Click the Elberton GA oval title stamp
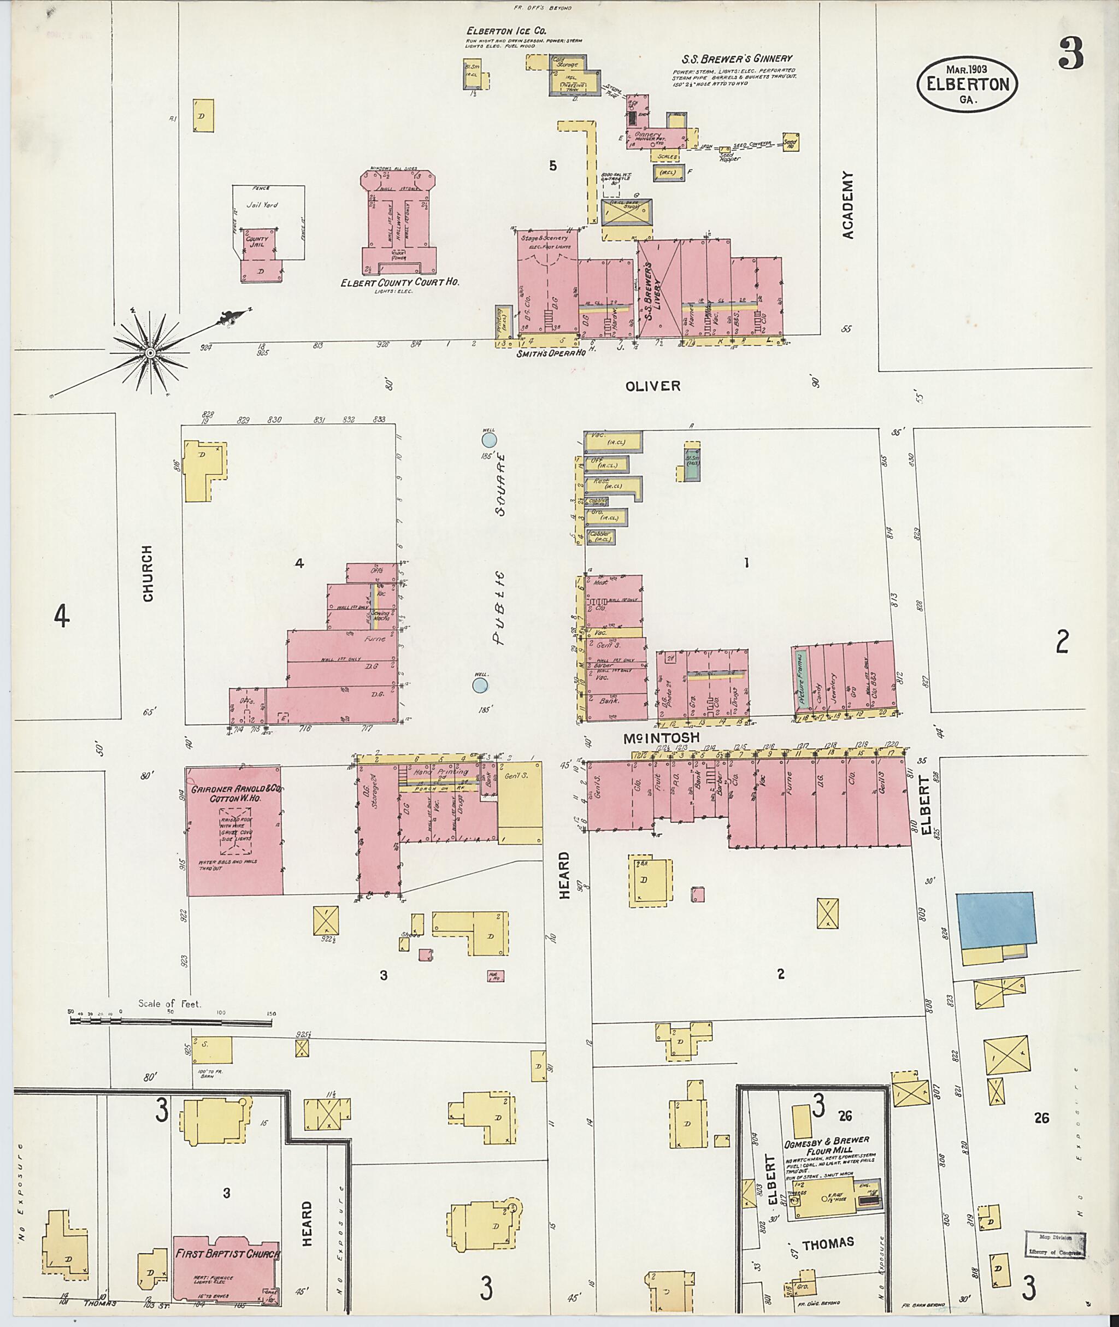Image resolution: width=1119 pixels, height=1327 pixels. pyautogui.click(x=967, y=84)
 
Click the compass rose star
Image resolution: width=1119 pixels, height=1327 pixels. pyautogui.click(x=150, y=352)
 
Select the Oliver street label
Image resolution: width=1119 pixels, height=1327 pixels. pyautogui.click(x=652, y=386)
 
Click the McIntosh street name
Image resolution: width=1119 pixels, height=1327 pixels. pyautogui.click(x=662, y=738)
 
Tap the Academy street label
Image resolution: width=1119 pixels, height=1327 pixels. pyautogui.click(x=849, y=205)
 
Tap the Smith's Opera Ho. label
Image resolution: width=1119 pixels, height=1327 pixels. pyautogui.click(x=550, y=353)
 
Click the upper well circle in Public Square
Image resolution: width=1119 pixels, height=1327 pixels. pyautogui.click(x=488, y=439)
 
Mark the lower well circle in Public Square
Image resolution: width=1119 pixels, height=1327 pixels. pyautogui.click(x=480, y=685)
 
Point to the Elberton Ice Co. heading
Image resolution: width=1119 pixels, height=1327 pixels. pyautogui.click(x=506, y=31)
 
